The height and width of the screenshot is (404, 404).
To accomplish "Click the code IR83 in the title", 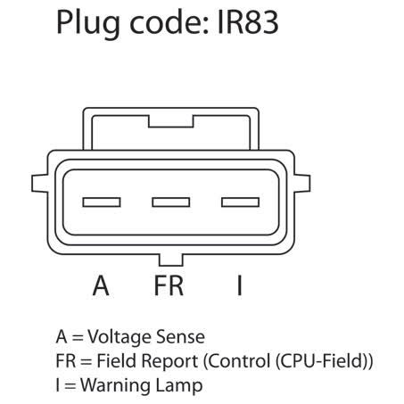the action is point(248,22).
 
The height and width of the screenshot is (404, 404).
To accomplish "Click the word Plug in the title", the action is point(88,24).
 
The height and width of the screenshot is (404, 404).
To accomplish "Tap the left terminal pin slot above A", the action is point(102,202).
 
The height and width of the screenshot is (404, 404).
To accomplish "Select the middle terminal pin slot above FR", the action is point(171,202).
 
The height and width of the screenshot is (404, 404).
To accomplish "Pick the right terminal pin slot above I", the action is point(240,202).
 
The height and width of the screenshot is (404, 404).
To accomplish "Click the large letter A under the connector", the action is point(101,285).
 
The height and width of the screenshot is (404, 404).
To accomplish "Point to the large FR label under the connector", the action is point(169,285).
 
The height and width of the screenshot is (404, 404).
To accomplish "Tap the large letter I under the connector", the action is point(240,285).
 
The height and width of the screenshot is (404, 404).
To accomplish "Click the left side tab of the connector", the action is point(39,183).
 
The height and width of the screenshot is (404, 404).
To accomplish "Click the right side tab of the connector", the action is point(302,183).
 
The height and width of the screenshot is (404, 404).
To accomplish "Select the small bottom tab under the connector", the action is point(171,260).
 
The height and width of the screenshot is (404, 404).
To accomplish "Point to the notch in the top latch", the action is point(171,121).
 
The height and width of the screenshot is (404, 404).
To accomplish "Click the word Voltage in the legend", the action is point(120,337).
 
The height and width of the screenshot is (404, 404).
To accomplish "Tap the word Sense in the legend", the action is point(180,337).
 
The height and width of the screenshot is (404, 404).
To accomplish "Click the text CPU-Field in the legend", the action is point(323,361).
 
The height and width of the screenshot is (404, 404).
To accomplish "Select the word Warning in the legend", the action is point(116,385).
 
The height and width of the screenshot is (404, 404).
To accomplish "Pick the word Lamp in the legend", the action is point(179,386).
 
